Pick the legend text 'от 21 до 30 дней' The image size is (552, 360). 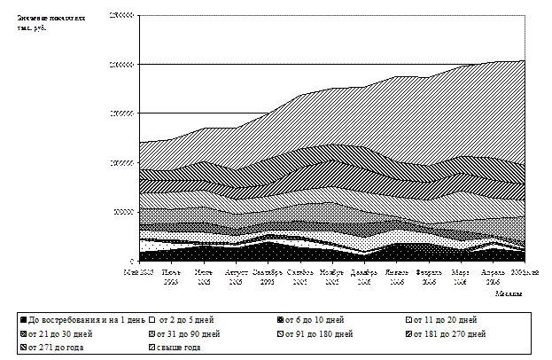coord(59,334)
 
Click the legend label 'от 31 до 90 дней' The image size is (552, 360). coord(189,334)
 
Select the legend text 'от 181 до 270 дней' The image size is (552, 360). coord(447,334)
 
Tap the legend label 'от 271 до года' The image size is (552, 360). coord(55,348)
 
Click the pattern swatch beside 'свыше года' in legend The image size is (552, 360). coord(152,348)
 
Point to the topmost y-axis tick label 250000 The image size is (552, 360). coord(121,15)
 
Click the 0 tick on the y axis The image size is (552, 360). coord(130,260)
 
